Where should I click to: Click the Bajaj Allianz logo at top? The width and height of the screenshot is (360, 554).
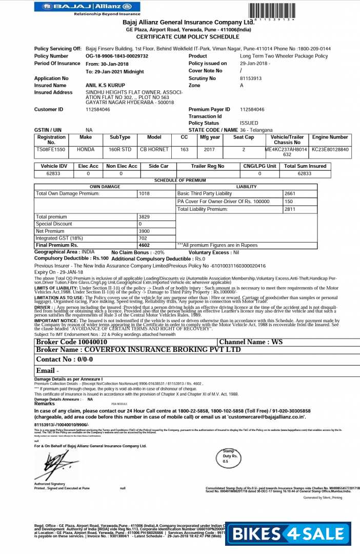86,7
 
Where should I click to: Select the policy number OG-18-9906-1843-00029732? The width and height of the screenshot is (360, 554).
117,56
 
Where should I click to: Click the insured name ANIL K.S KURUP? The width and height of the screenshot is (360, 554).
105,85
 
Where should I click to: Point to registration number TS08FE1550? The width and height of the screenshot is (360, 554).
51,149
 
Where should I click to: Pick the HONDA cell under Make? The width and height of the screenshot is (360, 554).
86,149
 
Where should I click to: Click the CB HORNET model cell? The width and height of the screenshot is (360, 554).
154,149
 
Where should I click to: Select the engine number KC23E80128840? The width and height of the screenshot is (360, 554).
330,149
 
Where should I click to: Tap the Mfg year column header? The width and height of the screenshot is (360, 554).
210,137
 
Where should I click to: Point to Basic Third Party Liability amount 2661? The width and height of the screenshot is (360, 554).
290,193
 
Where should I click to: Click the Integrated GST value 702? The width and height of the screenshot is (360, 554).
143,239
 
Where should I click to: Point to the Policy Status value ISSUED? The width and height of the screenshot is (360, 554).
249,123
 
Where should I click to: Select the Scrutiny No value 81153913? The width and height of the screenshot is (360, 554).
251,78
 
